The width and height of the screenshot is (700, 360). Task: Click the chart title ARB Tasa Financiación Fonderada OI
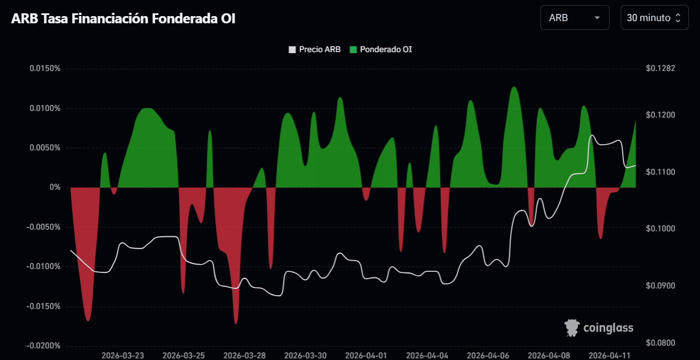coord(124,18)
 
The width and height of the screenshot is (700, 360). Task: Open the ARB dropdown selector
coord(574,18)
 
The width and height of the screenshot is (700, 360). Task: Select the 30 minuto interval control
coord(654,18)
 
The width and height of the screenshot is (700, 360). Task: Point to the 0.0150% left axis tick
coord(45,69)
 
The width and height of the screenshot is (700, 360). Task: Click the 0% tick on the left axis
coord(54,187)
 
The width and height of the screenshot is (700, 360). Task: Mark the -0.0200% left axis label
coord(44,346)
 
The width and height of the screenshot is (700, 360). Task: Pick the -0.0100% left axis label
coord(44,267)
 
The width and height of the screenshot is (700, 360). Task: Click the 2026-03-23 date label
coord(123,355)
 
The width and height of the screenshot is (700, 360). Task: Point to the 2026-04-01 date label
coord(367,355)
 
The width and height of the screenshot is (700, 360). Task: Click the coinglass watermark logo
coord(599,328)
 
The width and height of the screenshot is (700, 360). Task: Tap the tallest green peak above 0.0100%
coord(514,88)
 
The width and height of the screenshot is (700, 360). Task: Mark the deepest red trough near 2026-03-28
coord(236,322)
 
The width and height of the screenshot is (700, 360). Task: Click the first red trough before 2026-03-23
coord(88,320)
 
